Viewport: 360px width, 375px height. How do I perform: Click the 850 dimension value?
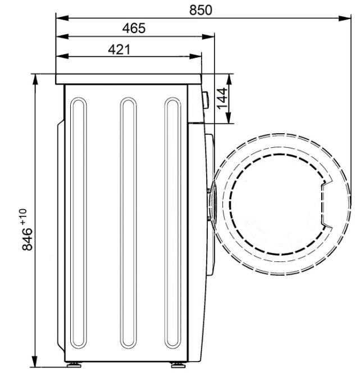200,10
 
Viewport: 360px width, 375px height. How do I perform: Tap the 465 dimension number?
134,28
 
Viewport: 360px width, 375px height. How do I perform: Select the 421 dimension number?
119,49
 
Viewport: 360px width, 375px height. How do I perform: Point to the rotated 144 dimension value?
222,98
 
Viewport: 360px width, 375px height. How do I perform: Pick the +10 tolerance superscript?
24,216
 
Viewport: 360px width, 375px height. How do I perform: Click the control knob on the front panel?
206,100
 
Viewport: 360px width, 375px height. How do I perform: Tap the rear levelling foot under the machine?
74,365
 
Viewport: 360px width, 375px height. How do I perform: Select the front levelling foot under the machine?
178,365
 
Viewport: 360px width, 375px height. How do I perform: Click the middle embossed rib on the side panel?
129,223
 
